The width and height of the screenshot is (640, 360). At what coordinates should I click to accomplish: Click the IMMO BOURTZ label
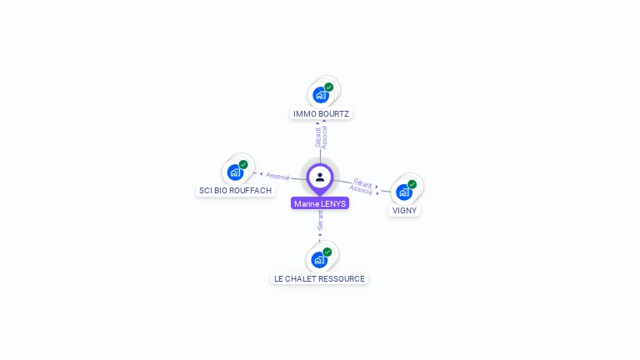pyautogui.click(x=322, y=113)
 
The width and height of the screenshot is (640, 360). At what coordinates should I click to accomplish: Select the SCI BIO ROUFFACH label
pyautogui.click(x=235, y=191)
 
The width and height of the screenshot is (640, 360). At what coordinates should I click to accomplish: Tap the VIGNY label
pyautogui.click(x=404, y=211)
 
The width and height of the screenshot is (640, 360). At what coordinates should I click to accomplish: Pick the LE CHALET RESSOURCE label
pyautogui.click(x=319, y=278)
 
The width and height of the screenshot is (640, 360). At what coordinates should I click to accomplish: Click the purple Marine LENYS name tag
pyautogui.click(x=320, y=203)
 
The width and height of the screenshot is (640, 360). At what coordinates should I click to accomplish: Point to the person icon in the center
pyautogui.click(x=320, y=177)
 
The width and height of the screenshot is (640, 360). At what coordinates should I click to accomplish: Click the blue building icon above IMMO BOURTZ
pyautogui.click(x=321, y=95)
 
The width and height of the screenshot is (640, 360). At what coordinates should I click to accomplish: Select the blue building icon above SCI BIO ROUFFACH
pyautogui.click(x=235, y=172)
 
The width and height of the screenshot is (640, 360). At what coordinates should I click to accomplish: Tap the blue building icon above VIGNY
pyautogui.click(x=403, y=192)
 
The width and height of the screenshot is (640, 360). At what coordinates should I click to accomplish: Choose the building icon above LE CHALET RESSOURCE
pyautogui.click(x=319, y=260)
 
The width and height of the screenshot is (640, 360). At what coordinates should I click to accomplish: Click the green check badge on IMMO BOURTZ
pyautogui.click(x=329, y=87)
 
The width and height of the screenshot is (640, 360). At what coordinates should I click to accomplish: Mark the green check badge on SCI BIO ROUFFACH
pyautogui.click(x=243, y=164)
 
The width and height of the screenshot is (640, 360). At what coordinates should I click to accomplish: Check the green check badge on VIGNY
pyautogui.click(x=412, y=184)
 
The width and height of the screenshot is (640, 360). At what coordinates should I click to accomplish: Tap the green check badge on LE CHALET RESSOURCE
pyautogui.click(x=327, y=252)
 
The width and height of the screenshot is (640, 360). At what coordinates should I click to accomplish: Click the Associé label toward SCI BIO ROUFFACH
pyautogui.click(x=277, y=176)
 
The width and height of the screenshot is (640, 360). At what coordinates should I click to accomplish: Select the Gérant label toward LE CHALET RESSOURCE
pyautogui.click(x=320, y=220)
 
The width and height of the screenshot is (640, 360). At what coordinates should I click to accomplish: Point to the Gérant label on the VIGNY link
pyautogui.click(x=362, y=182)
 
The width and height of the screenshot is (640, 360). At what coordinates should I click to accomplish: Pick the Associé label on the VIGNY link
pyautogui.click(x=361, y=190)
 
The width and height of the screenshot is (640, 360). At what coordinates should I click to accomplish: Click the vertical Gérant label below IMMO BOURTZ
pyautogui.click(x=317, y=136)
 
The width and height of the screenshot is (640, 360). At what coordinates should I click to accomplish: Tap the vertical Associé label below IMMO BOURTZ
pyautogui.click(x=324, y=136)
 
